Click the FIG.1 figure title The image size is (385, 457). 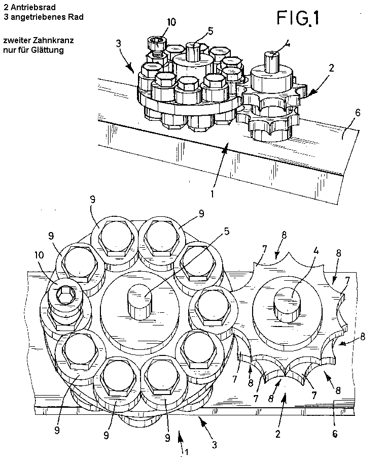coord(298,18)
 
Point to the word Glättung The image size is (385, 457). coord(49,50)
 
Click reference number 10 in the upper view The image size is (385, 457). coord(171,22)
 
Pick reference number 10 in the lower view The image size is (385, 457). coord(39,255)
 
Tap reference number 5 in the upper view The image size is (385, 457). coord(211,31)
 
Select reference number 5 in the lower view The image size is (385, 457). coord(226,232)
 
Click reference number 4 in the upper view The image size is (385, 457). coord(287,44)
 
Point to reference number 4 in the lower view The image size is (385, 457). coord(316,251)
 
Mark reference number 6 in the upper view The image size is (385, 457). coord(358,113)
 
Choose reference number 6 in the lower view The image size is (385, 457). coord(335,434)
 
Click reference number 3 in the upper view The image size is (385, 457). coord(118,44)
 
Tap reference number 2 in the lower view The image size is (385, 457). coord(278,434)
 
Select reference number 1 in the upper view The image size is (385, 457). coord(212,194)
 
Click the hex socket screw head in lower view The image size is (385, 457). coord(66,295)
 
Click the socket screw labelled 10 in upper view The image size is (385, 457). coord(157,47)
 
